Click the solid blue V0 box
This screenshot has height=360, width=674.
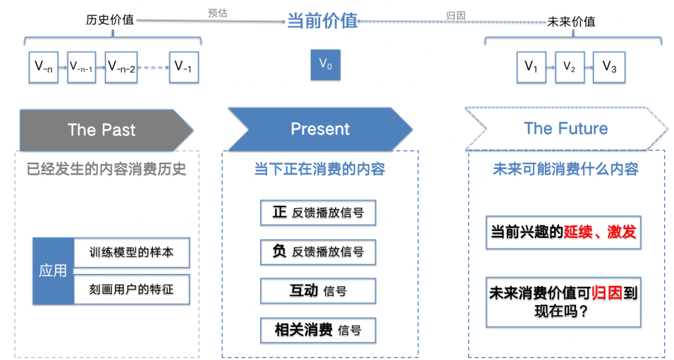coord(326,64)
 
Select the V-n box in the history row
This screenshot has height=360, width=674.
coord(44,67)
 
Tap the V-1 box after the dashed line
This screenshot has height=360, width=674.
coord(183,67)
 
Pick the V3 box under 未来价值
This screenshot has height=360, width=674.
coord(609,67)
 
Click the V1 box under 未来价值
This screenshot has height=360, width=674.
coord(532,67)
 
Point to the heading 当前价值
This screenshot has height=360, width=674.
coord(322,21)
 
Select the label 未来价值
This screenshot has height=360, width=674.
coord(571,21)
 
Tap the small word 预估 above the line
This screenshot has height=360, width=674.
coord(217,12)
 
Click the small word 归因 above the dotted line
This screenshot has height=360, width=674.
coord(456,15)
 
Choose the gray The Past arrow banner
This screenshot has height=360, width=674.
coord(103,130)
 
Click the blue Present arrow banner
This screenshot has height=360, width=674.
coord(320,129)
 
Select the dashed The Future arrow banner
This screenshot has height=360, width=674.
coord(565,129)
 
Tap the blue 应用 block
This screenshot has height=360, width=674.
coord(53,271)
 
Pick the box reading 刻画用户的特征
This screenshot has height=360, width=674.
coord(132,289)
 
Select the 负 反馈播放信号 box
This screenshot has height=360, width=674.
coord(318,251)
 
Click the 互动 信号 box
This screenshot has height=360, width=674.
coord(318,291)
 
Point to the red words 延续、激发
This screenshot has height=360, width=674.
coord(600,232)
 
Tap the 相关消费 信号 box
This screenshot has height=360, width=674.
coord(318,330)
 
